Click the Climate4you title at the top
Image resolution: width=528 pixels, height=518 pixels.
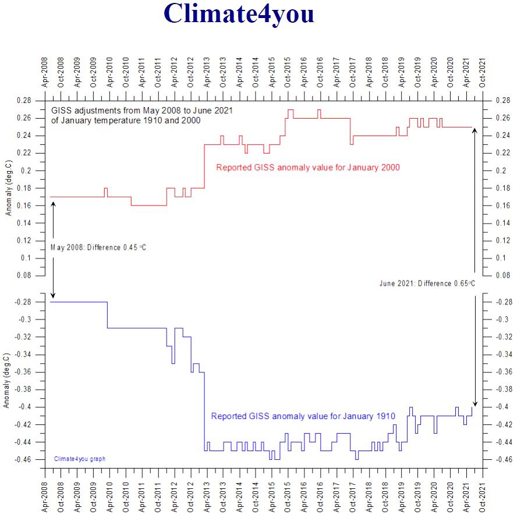[239, 13]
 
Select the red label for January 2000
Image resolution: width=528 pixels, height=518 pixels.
[307, 168]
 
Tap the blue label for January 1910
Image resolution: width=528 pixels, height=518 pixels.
[303, 416]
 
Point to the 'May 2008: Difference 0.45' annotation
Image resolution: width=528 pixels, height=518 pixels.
[98, 247]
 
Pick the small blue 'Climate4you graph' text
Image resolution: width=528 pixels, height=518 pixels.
[80, 459]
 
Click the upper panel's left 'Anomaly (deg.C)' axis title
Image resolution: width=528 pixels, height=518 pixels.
[8, 188]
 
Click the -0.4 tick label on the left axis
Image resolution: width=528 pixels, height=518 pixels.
[24, 407]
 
